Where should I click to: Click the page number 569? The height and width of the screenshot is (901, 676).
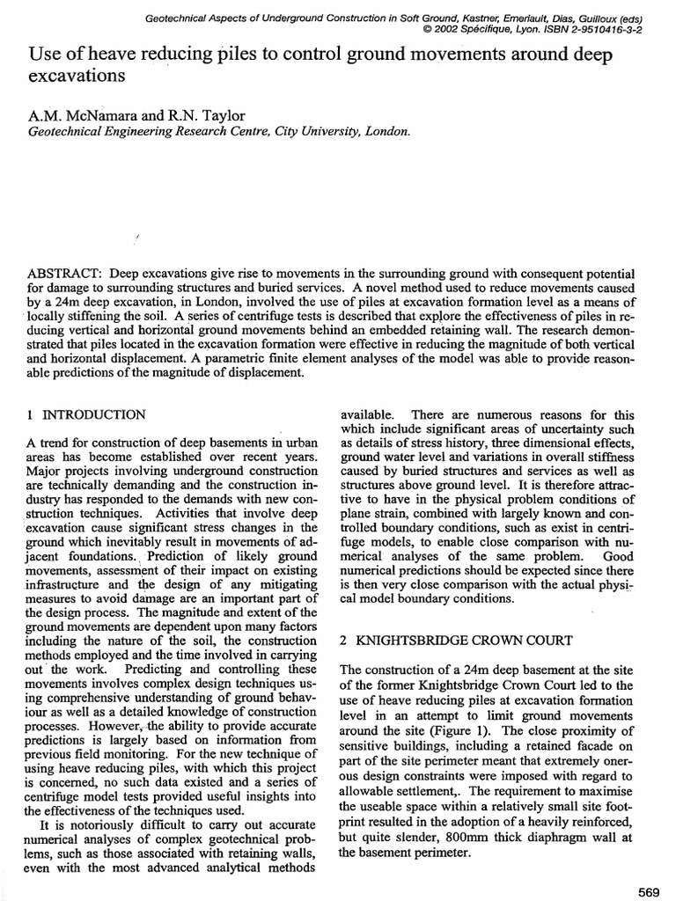click(649, 890)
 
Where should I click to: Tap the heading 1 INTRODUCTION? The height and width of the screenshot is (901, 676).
click(86, 414)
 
